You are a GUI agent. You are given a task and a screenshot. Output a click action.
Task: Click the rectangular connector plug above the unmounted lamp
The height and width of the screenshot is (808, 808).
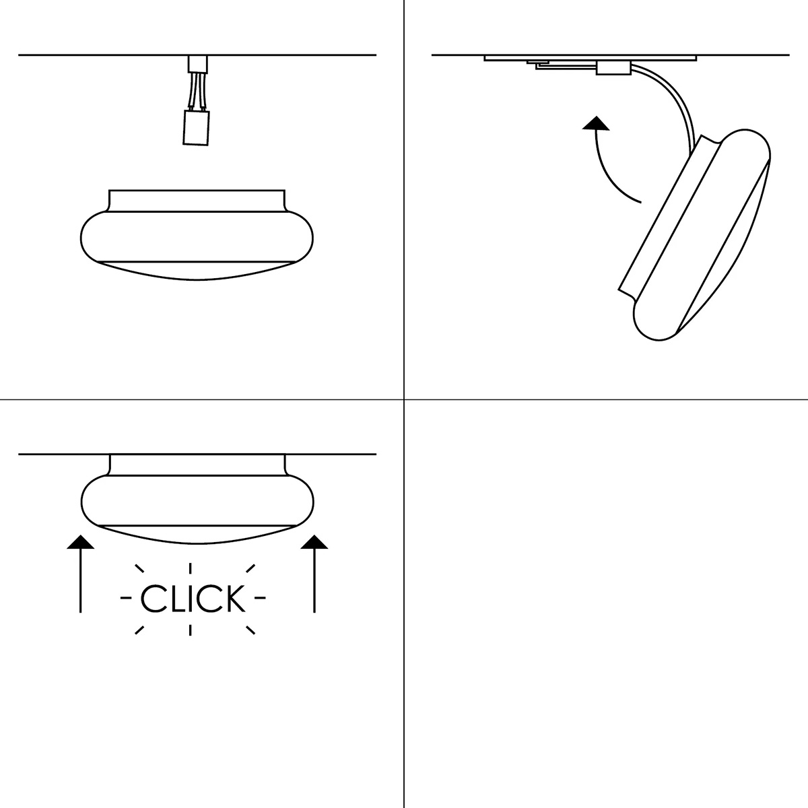click(x=196, y=128)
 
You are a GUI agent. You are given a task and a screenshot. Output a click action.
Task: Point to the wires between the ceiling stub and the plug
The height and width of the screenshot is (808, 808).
click(x=198, y=91)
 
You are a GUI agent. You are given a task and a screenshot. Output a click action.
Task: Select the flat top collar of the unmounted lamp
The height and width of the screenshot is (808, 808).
click(x=197, y=201)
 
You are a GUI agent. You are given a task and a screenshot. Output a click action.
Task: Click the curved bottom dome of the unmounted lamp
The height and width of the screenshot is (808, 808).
click(x=197, y=271)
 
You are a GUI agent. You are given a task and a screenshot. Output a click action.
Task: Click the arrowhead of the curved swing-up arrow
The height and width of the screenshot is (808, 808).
click(x=596, y=123)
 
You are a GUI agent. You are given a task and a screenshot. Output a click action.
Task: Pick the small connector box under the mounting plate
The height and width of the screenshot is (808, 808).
click(x=613, y=68)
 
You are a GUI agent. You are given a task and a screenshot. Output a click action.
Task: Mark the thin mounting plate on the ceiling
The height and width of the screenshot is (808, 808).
click(x=590, y=58)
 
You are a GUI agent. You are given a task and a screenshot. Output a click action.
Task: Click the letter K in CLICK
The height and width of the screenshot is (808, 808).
click(x=233, y=599)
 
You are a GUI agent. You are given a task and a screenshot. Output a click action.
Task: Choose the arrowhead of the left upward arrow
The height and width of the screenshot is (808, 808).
click(x=81, y=542)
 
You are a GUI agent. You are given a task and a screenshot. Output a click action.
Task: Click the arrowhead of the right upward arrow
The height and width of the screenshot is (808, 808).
click(x=314, y=542)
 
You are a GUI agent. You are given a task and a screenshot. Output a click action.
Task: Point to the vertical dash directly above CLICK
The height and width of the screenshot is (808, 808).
click(x=191, y=568)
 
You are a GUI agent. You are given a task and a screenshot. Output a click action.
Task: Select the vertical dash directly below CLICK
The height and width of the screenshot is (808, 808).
click(x=191, y=630)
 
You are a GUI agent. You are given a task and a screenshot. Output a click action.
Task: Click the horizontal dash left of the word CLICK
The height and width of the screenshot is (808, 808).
click(x=126, y=598)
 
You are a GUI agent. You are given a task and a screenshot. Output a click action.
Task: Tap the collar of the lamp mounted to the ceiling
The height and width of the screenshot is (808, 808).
click(x=197, y=465)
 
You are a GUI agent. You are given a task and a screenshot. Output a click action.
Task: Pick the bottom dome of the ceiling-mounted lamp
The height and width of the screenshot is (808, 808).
click(x=197, y=535)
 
